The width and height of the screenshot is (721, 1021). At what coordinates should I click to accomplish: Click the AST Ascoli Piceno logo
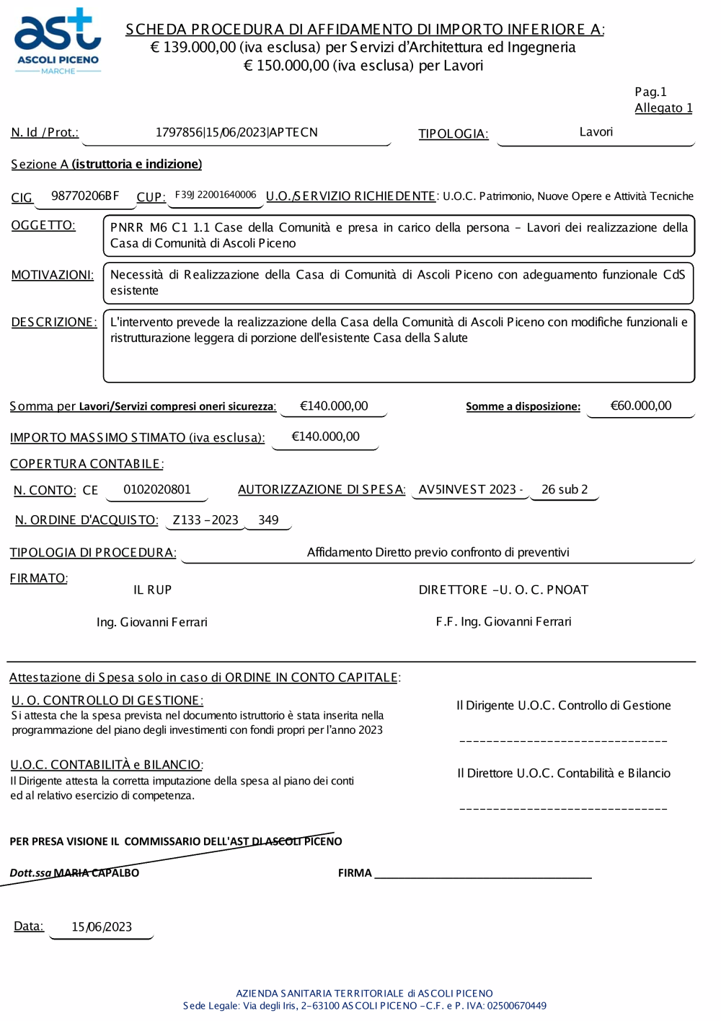[x=58, y=42]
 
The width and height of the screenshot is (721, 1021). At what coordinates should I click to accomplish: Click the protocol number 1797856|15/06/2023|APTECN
[x=236, y=133]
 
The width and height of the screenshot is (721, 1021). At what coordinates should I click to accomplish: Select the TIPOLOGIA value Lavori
[x=596, y=132]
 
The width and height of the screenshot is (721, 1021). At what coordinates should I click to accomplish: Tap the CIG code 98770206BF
[x=85, y=196]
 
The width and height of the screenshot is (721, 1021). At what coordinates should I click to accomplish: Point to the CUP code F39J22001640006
[x=216, y=195]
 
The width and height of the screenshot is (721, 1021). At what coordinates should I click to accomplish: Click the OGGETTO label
[x=43, y=225]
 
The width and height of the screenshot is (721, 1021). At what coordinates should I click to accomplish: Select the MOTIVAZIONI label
[x=52, y=275]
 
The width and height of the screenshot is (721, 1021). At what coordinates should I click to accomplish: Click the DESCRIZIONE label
[x=53, y=322]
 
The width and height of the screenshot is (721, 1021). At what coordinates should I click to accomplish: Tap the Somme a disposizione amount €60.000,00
[x=640, y=406]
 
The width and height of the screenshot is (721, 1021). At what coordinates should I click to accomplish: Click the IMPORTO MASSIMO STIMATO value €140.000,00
[x=325, y=437]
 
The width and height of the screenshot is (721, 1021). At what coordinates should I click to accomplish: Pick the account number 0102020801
[x=157, y=489]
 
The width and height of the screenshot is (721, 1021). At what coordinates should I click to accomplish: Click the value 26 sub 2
[x=565, y=489]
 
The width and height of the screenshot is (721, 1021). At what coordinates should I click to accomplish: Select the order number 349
[x=268, y=520]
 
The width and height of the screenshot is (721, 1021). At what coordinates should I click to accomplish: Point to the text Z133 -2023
[x=205, y=520]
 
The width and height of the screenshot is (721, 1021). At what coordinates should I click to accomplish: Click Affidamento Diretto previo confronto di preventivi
[x=438, y=552]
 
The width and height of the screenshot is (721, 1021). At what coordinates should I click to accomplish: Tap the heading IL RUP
[x=152, y=590]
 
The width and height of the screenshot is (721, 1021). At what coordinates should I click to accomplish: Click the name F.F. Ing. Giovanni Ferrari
[x=503, y=621]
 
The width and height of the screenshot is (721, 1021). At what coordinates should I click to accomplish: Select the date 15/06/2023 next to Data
[x=102, y=927]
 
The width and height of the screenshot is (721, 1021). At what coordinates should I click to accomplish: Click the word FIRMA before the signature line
[x=355, y=873]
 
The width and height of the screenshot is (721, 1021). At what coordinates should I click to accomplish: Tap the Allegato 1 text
[x=663, y=108]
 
